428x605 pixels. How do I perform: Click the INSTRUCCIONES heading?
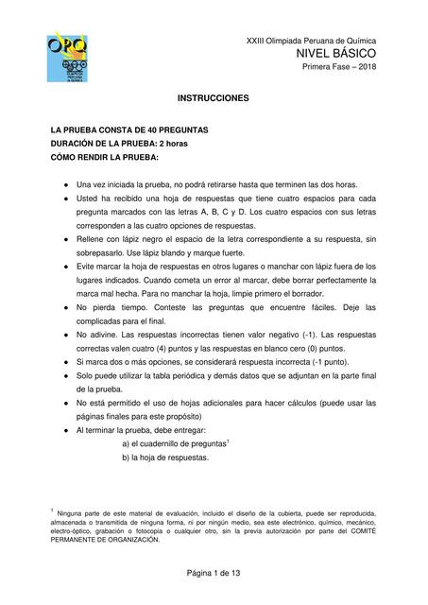[213, 98]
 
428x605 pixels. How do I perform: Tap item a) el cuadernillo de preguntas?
[176, 443]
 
